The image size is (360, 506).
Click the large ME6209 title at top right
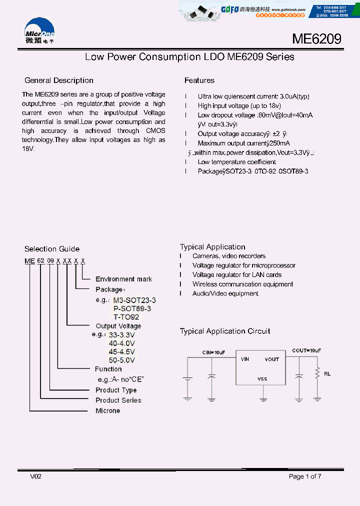(316, 39)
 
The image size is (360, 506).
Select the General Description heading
(59, 80)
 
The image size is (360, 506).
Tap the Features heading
(199, 80)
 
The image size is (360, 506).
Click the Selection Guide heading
(52, 249)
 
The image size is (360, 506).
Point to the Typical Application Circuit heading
(225, 331)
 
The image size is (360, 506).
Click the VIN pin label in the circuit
(245, 359)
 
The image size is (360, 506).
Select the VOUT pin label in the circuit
(272, 359)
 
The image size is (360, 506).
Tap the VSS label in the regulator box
(262, 379)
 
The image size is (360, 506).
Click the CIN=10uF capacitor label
(213, 352)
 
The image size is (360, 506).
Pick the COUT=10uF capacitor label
(306, 351)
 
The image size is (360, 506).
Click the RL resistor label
(327, 373)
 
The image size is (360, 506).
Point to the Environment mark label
(123, 279)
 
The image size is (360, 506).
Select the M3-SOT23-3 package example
(134, 300)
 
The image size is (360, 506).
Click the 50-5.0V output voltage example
(121, 360)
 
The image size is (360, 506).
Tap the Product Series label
(118, 400)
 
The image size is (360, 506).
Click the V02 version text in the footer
(36, 476)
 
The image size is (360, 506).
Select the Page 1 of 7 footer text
(305, 476)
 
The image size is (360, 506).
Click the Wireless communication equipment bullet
(242, 284)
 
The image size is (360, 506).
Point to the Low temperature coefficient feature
(236, 162)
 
